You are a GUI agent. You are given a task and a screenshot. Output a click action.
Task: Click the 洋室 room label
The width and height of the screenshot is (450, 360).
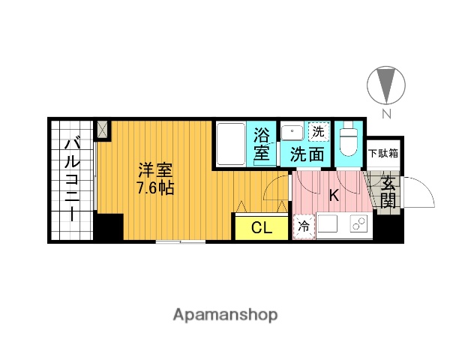pyautogui.click(x=155, y=169)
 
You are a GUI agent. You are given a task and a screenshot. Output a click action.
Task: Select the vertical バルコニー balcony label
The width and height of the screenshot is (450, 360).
pyautogui.click(x=73, y=178)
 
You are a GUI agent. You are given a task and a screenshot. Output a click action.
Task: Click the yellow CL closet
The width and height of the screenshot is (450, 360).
pyautogui.click(x=261, y=227)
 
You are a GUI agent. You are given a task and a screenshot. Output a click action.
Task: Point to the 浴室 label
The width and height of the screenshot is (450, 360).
pyautogui.click(x=261, y=145)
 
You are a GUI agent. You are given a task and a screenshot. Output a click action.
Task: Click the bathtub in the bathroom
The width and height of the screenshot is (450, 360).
pyautogui.click(x=230, y=144)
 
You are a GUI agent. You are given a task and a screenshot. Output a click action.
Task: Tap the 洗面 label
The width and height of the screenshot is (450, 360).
pyautogui.click(x=307, y=155)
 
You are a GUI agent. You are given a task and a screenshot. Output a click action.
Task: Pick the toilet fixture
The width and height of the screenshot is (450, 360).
pyautogui.click(x=349, y=139)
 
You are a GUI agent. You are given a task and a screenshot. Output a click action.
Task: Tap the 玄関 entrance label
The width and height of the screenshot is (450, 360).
pyautogui.click(x=388, y=191)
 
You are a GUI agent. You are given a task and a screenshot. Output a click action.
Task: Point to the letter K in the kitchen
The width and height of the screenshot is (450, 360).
pyautogui.click(x=334, y=195)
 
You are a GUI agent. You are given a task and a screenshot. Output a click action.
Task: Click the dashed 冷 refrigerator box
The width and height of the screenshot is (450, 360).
pyautogui.click(x=304, y=226)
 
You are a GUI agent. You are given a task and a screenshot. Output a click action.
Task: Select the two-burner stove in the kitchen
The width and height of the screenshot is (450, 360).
pyautogui.click(x=358, y=224)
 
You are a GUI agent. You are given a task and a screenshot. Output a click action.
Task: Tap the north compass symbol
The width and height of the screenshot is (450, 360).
pyautogui.click(x=386, y=85)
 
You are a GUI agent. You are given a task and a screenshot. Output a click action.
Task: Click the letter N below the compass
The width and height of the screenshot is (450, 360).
pyautogui.click(x=386, y=115)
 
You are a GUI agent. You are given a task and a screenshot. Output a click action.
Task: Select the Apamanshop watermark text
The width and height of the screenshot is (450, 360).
pyautogui.click(x=225, y=314)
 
